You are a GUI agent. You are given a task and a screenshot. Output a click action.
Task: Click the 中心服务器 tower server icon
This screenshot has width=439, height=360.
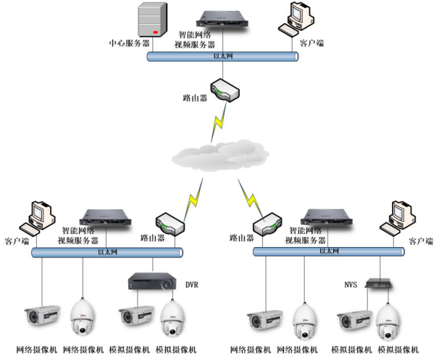pyautogui.click(x=152, y=19)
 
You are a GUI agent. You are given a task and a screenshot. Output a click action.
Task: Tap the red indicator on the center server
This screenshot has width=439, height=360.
pyautogui.click(x=156, y=32)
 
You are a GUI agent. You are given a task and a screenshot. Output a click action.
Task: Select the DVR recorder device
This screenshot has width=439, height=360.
pyautogui.click(x=152, y=281)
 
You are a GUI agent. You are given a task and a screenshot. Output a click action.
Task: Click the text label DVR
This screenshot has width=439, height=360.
pyautogui.click(x=192, y=285)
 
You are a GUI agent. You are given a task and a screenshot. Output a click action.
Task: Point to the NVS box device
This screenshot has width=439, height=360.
pyautogui.click(x=378, y=283)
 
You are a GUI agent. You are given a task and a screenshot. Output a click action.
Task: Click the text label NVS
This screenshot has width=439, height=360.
pyautogui.click(x=351, y=285)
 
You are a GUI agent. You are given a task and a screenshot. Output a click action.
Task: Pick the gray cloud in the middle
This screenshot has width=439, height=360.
pyautogui.click(x=220, y=155)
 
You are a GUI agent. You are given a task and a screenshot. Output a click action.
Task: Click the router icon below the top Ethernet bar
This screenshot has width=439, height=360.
pyautogui.click(x=225, y=90)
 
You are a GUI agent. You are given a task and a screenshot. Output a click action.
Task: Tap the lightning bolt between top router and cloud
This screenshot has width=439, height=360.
pyautogui.click(x=219, y=122)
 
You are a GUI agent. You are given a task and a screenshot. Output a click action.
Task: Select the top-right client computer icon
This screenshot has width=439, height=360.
pyautogui.click(x=296, y=19)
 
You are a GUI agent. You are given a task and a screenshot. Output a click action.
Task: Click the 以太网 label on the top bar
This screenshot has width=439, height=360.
pyautogui.click(x=223, y=56)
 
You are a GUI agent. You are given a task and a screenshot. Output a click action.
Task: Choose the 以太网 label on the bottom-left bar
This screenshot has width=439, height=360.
pyautogui.click(x=107, y=252)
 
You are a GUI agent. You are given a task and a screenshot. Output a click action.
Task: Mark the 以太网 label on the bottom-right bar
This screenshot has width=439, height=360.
pyautogui.click(x=329, y=251)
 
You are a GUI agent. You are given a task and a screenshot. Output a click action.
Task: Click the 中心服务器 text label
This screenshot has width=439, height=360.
pyautogui.click(x=130, y=43)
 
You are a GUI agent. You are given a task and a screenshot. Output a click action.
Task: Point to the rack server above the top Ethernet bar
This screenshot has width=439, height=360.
pyautogui.click(x=222, y=19)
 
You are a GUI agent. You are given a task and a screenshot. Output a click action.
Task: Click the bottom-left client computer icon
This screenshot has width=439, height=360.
pyautogui.click(x=37, y=218)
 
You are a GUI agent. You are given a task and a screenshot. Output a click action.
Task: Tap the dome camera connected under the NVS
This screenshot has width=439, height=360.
pyautogui.click(x=388, y=322)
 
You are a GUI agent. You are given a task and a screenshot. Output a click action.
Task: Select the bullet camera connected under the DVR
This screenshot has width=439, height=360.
pyautogui.click(x=136, y=315)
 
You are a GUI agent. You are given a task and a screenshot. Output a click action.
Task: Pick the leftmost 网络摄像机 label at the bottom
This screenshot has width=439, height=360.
pyautogui.click(x=37, y=350)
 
